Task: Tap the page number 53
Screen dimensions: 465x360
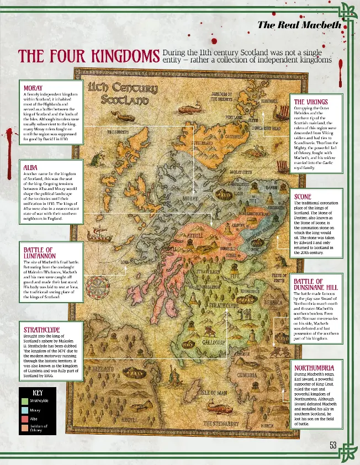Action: [x=333, y=446]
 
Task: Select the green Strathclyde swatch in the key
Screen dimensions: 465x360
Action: [x=25, y=400]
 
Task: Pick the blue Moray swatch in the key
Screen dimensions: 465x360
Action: [x=25, y=410]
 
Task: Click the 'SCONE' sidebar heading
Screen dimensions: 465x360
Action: [x=303, y=196]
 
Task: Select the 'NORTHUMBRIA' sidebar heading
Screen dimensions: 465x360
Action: [x=314, y=367]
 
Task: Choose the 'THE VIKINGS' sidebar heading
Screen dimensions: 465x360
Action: [x=310, y=102]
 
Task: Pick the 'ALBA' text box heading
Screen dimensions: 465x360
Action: [x=30, y=167]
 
